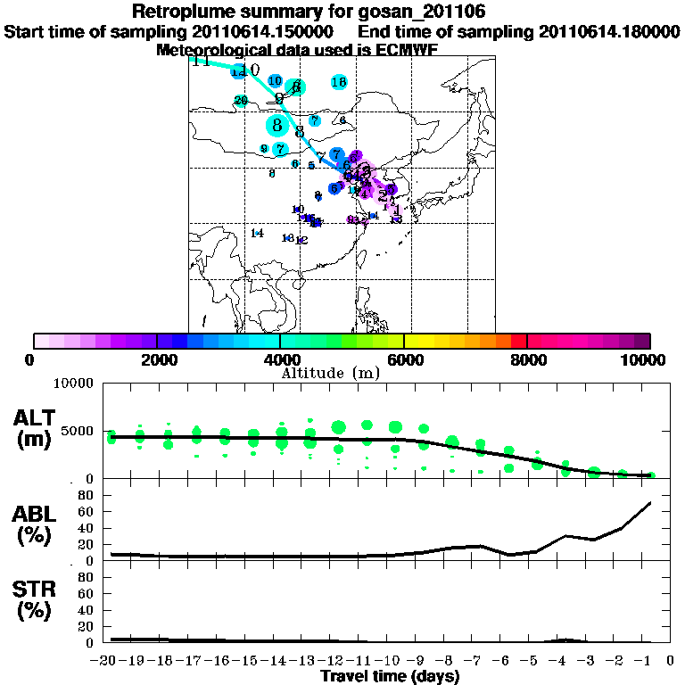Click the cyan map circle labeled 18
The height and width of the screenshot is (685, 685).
(339, 82)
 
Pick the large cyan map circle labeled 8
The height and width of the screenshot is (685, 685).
(278, 125)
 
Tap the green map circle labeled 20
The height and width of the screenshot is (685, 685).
(240, 101)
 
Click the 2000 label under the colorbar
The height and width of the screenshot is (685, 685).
(157, 359)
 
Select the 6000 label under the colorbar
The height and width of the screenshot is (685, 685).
(404, 359)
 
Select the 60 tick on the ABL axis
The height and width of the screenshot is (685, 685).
(87, 511)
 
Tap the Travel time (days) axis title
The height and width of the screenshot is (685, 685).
(390, 676)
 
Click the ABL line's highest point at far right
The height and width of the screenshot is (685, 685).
(650, 503)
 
